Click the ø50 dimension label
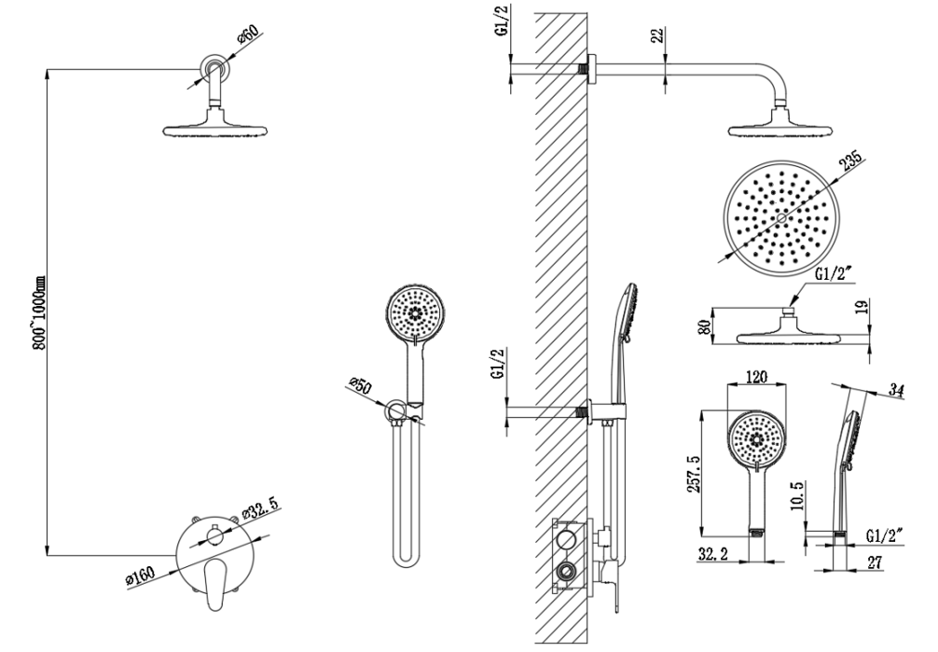(x=361, y=385)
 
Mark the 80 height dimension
(x=705, y=326)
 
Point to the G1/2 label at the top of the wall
(x=502, y=21)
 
